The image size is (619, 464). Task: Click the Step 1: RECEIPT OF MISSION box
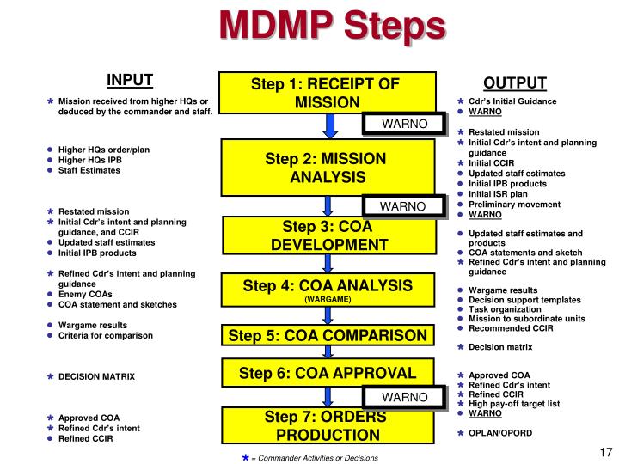(x=326, y=93)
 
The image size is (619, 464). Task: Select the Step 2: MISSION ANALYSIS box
(x=326, y=168)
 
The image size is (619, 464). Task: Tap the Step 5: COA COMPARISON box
(x=326, y=334)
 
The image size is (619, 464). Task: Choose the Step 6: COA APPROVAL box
(x=326, y=373)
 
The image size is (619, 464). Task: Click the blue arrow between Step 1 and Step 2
(x=327, y=126)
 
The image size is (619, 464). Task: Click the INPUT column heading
(x=130, y=81)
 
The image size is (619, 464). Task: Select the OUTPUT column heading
(x=514, y=82)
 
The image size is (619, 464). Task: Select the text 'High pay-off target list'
(x=513, y=404)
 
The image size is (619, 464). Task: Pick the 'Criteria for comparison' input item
(x=105, y=335)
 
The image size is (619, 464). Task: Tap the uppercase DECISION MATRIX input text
(x=96, y=376)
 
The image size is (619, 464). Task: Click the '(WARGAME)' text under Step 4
(x=327, y=300)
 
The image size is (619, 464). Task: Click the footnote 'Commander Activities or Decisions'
(x=317, y=457)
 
